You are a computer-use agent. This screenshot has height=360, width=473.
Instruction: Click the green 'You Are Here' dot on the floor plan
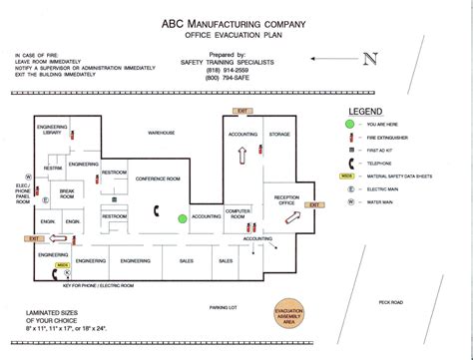click(182, 217)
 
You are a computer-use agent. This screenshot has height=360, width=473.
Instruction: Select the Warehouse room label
click(162, 133)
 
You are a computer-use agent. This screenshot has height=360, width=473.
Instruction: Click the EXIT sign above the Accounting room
click(240, 112)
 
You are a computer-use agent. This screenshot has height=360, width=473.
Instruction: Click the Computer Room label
click(237, 212)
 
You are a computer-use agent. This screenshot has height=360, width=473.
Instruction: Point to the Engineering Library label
click(51, 131)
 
